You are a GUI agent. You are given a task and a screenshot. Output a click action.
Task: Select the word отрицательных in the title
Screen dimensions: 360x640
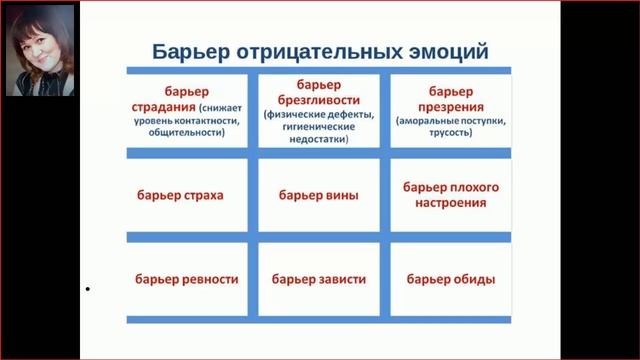(319, 51)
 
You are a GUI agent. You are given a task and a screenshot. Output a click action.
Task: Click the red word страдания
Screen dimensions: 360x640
(163, 104)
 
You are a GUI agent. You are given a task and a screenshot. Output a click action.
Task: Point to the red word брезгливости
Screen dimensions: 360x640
(320, 100)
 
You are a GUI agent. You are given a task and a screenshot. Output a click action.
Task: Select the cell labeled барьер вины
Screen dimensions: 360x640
(319, 194)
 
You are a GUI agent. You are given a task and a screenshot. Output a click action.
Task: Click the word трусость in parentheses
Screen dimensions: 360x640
(450, 133)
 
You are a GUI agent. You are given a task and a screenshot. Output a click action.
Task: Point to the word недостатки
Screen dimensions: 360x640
(320, 139)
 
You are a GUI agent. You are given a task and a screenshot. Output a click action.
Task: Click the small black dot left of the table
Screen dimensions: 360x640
(88, 290)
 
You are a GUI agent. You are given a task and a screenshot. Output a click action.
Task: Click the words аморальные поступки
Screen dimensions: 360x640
(451, 121)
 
